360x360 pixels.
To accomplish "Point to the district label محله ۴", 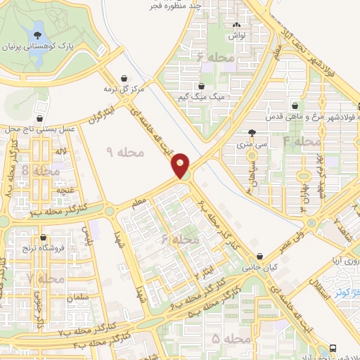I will [302, 141].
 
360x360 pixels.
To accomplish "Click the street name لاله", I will [62, 152].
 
